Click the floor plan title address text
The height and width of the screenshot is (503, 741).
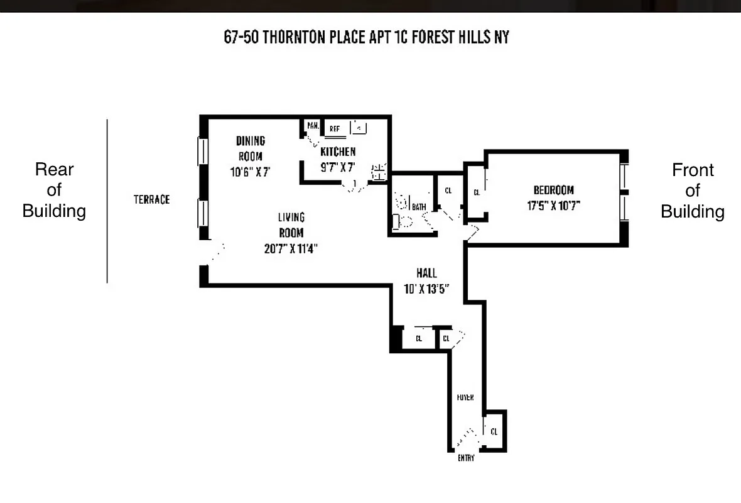pyautogui.click(x=366, y=37)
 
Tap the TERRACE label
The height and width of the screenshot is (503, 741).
pyautogui.click(x=151, y=199)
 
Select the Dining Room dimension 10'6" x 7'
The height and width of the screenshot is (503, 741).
pyautogui.click(x=251, y=171)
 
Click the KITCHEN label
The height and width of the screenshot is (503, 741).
pyautogui.click(x=338, y=152)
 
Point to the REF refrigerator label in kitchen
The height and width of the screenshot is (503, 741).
pyautogui.click(x=335, y=128)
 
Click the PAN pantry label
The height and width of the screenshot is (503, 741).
pyautogui.click(x=312, y=126)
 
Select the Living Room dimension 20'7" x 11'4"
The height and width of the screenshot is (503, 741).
pyautogui.click(x=291, y=248)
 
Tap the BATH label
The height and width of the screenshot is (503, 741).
pyautogui.click(x=419, y=206)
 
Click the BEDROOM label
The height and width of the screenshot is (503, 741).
pyautogui.click(x=553, y=190)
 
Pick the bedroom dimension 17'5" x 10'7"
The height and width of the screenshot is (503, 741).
pyautogui.click(x=557, y=205)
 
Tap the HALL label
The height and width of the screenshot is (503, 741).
pyautogui.click(x=426, y=274)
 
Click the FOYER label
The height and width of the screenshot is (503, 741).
pyautogui.click(x=465, y=398)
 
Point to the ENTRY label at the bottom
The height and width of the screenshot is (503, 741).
pyautogui.click(x=466, y=458)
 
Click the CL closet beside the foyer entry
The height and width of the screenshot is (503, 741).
pyautogui.click(x=494, y=431)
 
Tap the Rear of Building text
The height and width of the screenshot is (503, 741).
pyautogui.click(x=54, y=190)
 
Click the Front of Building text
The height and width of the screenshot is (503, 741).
pyautogui.click(x=693, y=191)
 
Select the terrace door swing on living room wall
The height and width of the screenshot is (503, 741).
pyautogui.click(x=217, y=252)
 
